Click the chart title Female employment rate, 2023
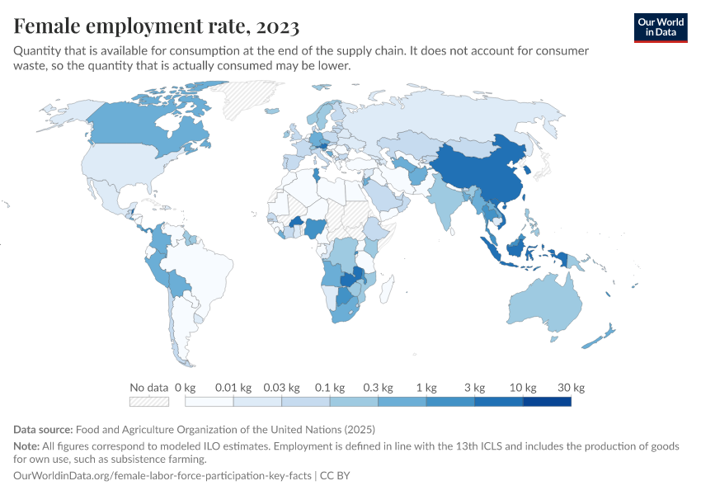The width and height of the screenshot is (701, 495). (156, 27)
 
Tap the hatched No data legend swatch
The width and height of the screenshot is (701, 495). (148, 402)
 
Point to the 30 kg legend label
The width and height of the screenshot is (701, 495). (571, 387)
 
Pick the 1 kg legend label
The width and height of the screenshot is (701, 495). (426, 387)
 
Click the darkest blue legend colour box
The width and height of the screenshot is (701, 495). (547, 402)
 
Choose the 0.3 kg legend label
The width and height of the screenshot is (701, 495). (378, 387)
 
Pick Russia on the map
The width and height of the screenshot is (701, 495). (462, 115)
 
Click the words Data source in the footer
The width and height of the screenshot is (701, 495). (43, 430)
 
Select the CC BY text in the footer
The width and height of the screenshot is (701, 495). (337, 476)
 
